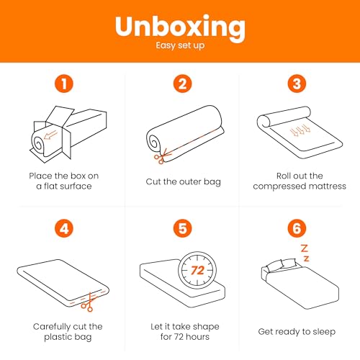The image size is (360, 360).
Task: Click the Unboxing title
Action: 180,27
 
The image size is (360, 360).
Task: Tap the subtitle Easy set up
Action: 180,45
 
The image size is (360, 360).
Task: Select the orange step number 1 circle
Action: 64,84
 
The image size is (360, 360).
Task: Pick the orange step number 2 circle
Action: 183,84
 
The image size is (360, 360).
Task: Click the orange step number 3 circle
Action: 297,84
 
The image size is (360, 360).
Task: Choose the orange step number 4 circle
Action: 64,228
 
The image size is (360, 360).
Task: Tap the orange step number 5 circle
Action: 183,228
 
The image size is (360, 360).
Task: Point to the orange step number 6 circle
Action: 297,228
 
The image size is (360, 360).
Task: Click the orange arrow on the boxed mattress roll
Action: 50,135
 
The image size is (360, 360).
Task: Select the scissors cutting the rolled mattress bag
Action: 162,156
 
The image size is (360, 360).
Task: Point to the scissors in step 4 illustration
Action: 89,302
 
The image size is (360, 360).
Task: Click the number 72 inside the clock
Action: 197,271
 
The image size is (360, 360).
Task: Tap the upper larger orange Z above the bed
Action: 305,248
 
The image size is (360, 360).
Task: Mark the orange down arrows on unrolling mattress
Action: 300,130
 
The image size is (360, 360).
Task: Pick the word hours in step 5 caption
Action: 198,337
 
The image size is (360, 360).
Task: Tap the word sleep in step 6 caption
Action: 324,332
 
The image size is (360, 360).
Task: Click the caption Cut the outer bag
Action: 183,182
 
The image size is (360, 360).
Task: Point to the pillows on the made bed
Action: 282,265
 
